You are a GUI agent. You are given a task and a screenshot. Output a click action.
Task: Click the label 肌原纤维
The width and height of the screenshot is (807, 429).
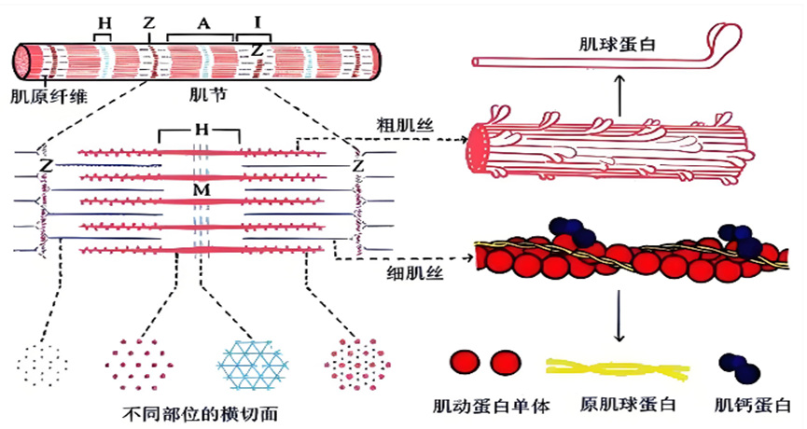pyautogui.click(x=49, y=96)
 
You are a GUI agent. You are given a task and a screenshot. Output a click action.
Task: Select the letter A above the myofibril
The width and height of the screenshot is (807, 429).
pyautogui.click(x=203, y=23)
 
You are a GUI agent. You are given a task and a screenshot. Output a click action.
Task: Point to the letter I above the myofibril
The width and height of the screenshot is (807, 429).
pyautogui.click(x=257, y=22)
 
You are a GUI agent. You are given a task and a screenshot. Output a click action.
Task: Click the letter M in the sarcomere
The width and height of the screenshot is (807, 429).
pyautogui.click(x=202, y=190)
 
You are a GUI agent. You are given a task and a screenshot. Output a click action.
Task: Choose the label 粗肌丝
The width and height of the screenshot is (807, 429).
pyautogui.click(x=405, y=126)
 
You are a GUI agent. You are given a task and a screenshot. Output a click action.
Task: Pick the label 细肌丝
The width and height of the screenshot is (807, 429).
pyautogui.click(x=415, y=272)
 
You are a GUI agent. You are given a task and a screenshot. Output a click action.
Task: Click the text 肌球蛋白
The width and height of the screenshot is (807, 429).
pyautogui.click(x=617, y=44)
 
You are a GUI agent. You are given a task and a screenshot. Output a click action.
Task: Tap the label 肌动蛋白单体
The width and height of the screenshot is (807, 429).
pyautogui.click(x=492, y=407)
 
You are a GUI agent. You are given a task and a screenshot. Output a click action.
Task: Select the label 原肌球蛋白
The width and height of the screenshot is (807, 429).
pyautogui.click(x=628, y=405)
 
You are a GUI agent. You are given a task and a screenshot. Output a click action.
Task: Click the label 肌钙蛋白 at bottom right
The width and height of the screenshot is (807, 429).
pyautogui.click(x=753, y=406)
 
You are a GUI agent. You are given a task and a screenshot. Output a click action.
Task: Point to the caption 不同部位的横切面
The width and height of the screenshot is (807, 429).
pyautogui.click(x=201, y=413)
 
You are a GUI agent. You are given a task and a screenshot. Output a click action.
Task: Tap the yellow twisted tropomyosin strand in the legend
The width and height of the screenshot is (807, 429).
pyautogui.click(x=618, y=368)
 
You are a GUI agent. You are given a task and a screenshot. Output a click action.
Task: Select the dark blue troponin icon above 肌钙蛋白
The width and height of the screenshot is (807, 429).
pyautogui.click(x=740, y=367)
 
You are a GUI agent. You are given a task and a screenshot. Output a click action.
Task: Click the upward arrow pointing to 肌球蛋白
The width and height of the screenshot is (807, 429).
pyautogui.click(x=619, y=95)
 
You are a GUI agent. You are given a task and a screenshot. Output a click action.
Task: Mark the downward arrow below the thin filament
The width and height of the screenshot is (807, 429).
pyautogui.click(x=619, y=316)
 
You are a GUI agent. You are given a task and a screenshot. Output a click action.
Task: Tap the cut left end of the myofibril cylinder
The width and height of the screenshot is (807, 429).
pyautogui.click(x=22, y=62)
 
